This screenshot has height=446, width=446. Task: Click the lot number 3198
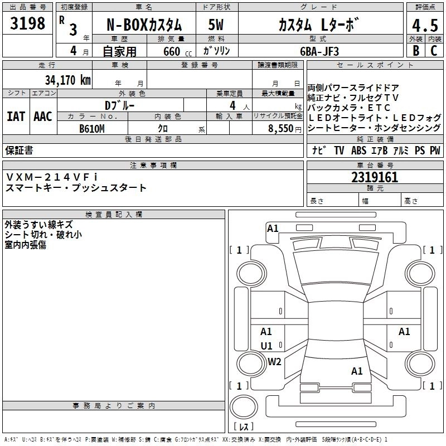point(27,23)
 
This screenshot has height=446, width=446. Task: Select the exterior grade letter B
point(415,50)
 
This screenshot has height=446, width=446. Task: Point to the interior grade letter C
point(434,50)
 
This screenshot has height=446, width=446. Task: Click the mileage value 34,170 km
point(67,79)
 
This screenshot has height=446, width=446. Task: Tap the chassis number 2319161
point(375,178)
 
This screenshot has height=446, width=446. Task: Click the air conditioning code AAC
point(42,117)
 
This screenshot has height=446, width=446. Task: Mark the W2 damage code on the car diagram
point(274,361)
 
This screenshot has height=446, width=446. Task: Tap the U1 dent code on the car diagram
point(266,346)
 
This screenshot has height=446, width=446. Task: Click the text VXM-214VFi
point(51,177)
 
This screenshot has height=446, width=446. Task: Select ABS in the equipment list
point(358,151)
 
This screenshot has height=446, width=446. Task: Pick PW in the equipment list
point(435,151)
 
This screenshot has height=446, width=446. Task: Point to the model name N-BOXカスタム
point(144,25)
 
